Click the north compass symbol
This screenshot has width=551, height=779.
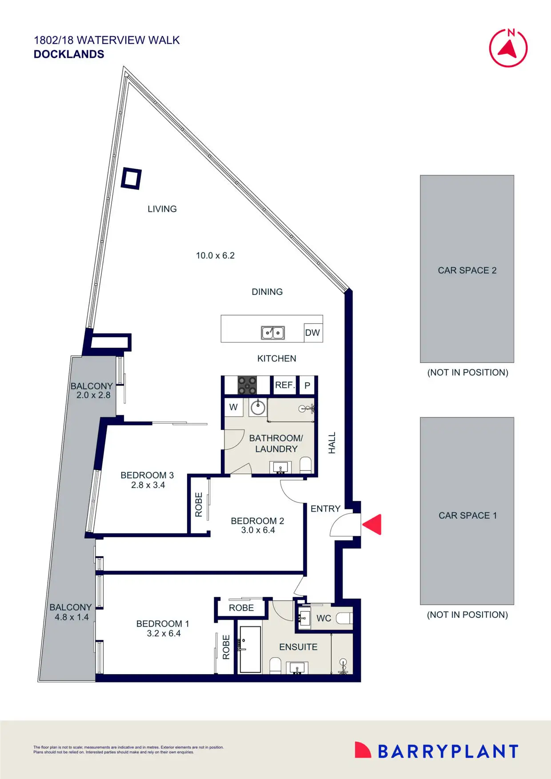coord(508,48)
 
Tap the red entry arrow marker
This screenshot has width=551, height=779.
coord(372,524)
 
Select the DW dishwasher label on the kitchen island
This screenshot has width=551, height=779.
coord(312,333)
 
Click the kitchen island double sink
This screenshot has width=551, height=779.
coord(272,333)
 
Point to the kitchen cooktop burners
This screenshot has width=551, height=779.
coord(247,385)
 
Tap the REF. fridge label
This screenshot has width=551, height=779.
coord(284,385)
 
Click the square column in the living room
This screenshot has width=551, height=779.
coord(131,179)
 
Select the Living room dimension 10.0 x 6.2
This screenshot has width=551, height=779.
coord(215,255)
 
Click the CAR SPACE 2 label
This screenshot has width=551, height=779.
coord(467,270)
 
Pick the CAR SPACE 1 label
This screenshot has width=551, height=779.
coord(467,516)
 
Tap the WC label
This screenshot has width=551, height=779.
coord(323,618)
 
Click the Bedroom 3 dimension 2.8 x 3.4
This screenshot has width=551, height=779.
coord(148,485)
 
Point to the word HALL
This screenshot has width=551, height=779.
coord(332,443)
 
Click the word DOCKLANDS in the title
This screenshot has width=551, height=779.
coord(69,54)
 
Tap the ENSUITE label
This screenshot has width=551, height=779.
coord(298,647)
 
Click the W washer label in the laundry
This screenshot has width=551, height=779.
coord(233,407)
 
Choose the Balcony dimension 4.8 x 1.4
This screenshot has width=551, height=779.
coord(72,617)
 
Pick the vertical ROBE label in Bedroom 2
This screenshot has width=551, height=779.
coord(199,505)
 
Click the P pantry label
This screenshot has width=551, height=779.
coord(307,386)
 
